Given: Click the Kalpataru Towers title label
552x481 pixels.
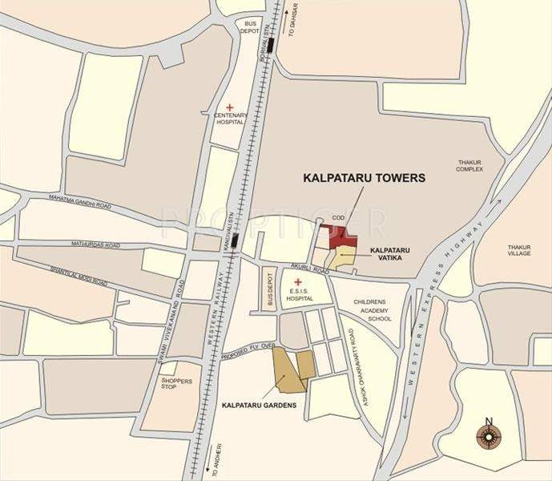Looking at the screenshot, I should point(361,178).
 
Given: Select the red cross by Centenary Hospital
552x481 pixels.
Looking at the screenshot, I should point(229,107).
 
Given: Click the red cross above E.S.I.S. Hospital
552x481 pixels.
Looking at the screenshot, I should point(298,281).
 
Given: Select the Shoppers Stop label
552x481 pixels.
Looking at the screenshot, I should point(175,384).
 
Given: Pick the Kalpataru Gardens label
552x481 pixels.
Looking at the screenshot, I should point(260,405).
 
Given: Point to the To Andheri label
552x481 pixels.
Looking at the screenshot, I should point(215,460).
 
